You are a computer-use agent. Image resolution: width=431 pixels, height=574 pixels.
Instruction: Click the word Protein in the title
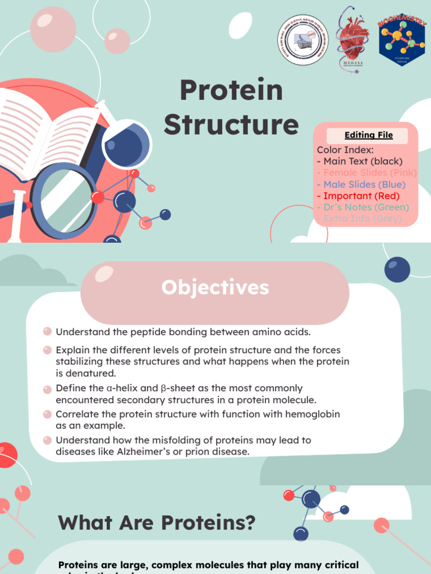pyautogui.click(x=231, y=91)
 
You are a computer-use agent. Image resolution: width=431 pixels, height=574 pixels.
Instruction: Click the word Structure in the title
pyautogui.click(x=231, y=124)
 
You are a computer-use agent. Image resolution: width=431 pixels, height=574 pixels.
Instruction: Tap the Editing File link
pyautogui.click(x=368, y=135)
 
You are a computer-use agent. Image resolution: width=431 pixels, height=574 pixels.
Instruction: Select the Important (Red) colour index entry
pyautogui.click(x=361, y=196)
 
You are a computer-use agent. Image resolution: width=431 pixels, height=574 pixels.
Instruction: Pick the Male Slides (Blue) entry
pyautogui.click(x=361, y=184)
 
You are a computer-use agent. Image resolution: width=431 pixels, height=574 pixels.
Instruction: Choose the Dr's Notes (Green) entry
pyautogui.click(x=363, y=207)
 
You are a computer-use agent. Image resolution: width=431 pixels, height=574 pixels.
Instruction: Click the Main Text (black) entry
pyautogui.click(x=359, y=161)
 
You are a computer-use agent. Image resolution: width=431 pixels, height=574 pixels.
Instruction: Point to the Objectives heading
pyautogui.click(x=215, y=288)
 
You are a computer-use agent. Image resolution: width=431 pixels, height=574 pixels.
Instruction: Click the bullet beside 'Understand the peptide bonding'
pyautogui.click(x=48, y=331)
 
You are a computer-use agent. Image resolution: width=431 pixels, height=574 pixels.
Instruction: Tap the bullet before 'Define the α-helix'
pyautogui.click(x=48, y=388)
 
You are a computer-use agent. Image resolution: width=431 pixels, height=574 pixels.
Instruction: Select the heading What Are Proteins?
pyautogui.click(x=157, y=523)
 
